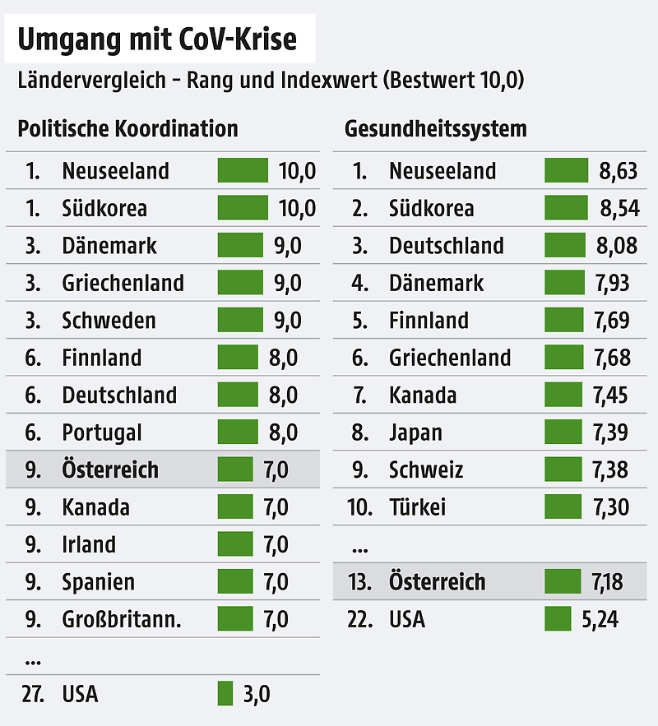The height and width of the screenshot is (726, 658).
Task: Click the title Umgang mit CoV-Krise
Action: (x=157, y=39)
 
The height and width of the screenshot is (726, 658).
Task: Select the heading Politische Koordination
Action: (x=127, y=129)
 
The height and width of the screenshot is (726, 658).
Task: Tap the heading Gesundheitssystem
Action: (x=436, y=129)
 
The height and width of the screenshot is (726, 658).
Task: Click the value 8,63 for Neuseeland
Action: (x=619, y=171)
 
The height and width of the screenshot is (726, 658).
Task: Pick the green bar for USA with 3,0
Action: (x=225, y=694)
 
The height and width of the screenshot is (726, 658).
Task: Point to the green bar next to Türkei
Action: (x=563, y=507)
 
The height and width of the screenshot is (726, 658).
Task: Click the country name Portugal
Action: (x=102, y=432)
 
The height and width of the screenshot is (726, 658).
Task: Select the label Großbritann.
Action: (x=122, y=619)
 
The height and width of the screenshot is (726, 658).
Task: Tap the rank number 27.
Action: (x=34, y=694)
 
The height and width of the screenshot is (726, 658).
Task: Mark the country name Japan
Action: (x=415, y=432)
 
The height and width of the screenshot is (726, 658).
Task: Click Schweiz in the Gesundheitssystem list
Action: (x=426, y=470)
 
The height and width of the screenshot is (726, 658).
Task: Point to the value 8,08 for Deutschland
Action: (x=619, y=246)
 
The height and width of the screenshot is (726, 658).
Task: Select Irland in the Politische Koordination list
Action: (x=89, y=544)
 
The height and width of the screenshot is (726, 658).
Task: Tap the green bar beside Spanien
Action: (x=235, y=582)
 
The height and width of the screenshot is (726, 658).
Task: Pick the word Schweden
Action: (x=109, y=321)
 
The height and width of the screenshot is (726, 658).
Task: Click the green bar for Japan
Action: (x=563, y=432)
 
